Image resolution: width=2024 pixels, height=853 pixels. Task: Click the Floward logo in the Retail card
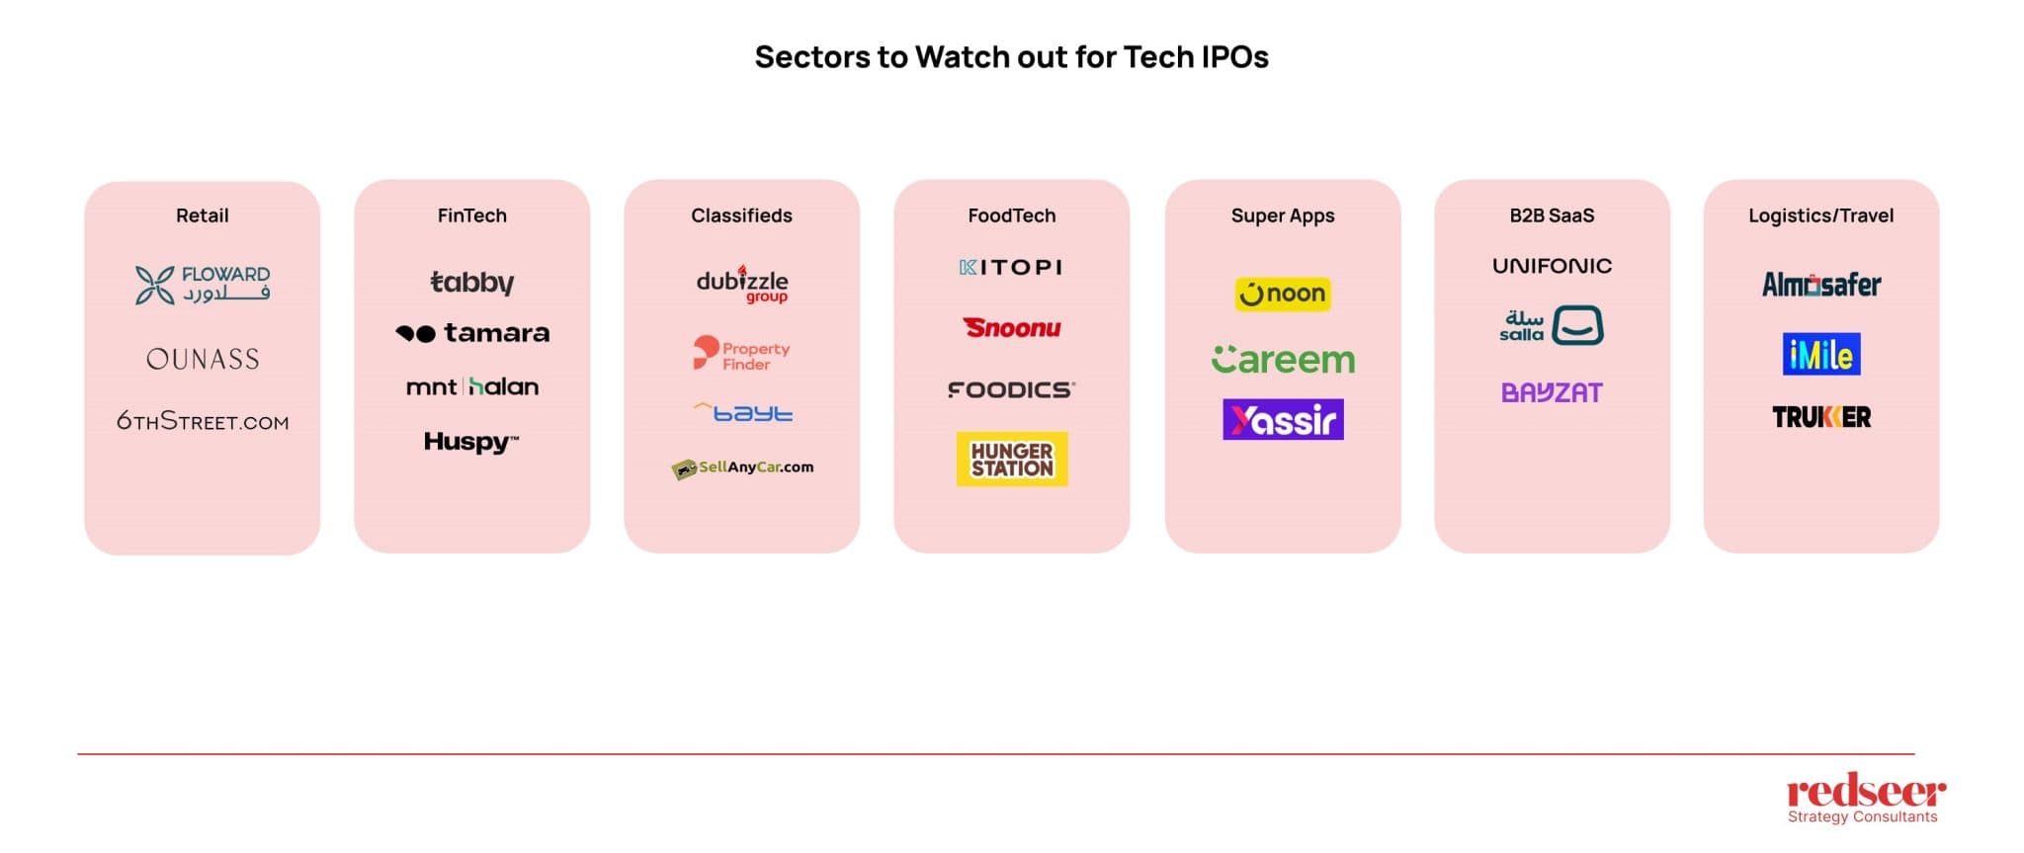[203, 285]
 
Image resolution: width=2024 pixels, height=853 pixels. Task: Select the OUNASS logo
[203, 359]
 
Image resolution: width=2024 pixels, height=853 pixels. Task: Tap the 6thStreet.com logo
[203, 422]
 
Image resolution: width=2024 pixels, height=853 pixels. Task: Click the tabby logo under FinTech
[472, 283]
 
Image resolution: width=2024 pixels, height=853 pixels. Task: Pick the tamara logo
[472, 333]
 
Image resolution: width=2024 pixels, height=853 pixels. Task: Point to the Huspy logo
[471, 442]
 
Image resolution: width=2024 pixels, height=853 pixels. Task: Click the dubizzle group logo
[742, 285]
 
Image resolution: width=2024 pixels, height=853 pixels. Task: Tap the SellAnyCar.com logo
[742, 468]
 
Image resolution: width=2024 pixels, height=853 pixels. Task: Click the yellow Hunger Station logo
[1012, 460]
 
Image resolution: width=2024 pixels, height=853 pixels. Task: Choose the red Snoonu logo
[1012, 328]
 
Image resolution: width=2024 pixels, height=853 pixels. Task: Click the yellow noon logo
[1283, 294]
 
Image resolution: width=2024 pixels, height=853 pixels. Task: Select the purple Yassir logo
[1283, 420]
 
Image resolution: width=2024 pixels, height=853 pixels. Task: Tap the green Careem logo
[1283, 360]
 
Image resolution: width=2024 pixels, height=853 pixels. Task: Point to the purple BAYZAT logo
[1552, 392]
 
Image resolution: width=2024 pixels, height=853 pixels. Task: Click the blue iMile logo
[1821, 354]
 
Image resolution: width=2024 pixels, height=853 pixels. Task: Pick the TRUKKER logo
[1821, 417]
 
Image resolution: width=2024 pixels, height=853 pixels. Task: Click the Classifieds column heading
[741, 215]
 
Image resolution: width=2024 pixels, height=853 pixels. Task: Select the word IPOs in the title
[1234, 57]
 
